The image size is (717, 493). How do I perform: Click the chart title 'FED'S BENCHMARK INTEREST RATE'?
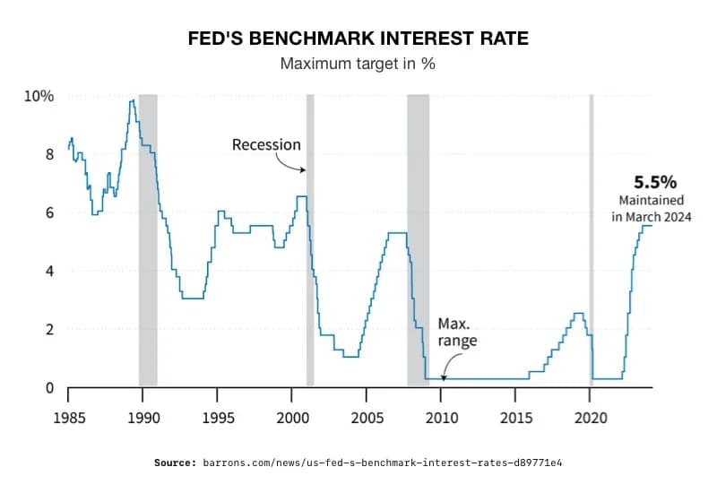click(358, 40)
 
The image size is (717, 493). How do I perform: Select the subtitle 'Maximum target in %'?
click(358, 65)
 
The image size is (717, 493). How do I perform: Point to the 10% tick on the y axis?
click(39, 96)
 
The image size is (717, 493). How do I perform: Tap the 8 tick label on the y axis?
click(49, 154)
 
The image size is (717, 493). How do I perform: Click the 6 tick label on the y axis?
click(49, 212)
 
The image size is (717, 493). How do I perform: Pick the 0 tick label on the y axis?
click(49, 388)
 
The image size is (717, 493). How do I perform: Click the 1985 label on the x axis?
click(69, 418)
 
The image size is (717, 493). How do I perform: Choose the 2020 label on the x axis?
click(590, 418)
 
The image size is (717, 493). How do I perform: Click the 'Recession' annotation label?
click(266, 144)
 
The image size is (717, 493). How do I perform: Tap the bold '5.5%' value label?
click(651, 180)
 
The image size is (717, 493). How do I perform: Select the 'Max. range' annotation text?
click(457, 333)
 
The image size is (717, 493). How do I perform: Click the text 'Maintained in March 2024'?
click(652, 208)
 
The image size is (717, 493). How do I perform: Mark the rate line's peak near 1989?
click(133, 100)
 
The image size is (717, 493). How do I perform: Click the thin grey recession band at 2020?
click(591, 242)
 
